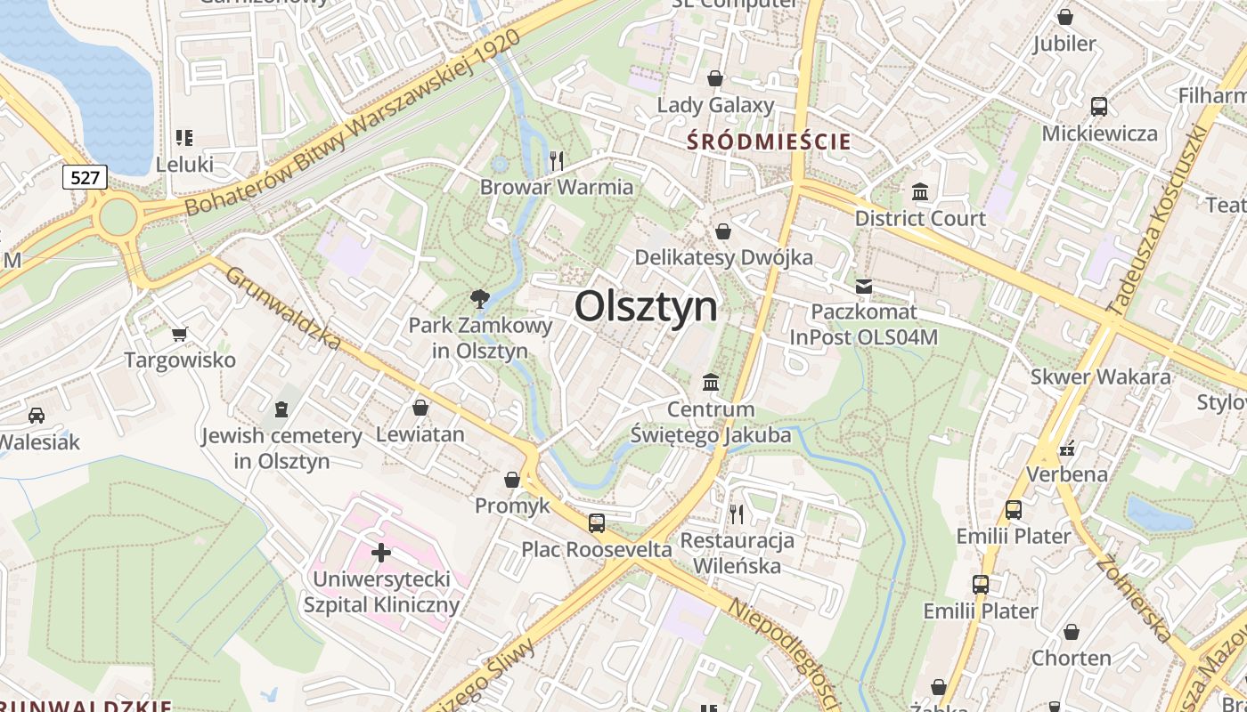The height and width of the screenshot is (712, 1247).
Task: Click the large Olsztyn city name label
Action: (x=646, y=307)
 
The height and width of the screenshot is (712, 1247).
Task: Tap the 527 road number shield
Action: (x=85, y=178)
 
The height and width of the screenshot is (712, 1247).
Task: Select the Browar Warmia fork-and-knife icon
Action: (x=557, y=160)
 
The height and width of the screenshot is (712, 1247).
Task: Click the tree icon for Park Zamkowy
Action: (x=480, y=298)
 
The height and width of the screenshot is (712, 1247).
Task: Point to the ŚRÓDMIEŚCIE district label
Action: (x=769, y=142)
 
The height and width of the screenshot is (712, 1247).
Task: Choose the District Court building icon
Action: (x=920, y=191)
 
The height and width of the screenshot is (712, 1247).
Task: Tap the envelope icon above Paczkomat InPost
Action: (x=863, y=286)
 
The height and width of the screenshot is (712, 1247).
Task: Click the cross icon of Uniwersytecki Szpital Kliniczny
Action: (x=381, y=553)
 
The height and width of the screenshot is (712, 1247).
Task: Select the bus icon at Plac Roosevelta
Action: (x=597, y=522)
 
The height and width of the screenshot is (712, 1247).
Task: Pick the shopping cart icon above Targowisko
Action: (x=180, y=334)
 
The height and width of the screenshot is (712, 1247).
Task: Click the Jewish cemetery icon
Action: (x=281, y=409)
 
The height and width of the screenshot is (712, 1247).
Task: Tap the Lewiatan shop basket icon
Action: (x=420, y=408)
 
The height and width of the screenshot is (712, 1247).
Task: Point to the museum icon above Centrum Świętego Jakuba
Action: (x=711, y=383)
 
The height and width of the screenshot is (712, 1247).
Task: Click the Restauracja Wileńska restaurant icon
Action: (x=737, y=514)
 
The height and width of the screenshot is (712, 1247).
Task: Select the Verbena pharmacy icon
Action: (x=1067, y=448)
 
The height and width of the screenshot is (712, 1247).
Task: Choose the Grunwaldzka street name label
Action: (x=283, y=308)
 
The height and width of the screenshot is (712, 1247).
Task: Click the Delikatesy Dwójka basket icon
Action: (x=723, y=231)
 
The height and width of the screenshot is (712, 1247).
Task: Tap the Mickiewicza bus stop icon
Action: (x=1099, y=107)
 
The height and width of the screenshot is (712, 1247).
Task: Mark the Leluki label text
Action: (x=184, y=165)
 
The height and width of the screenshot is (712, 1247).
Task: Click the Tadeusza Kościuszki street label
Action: (x=1156, y=219)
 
